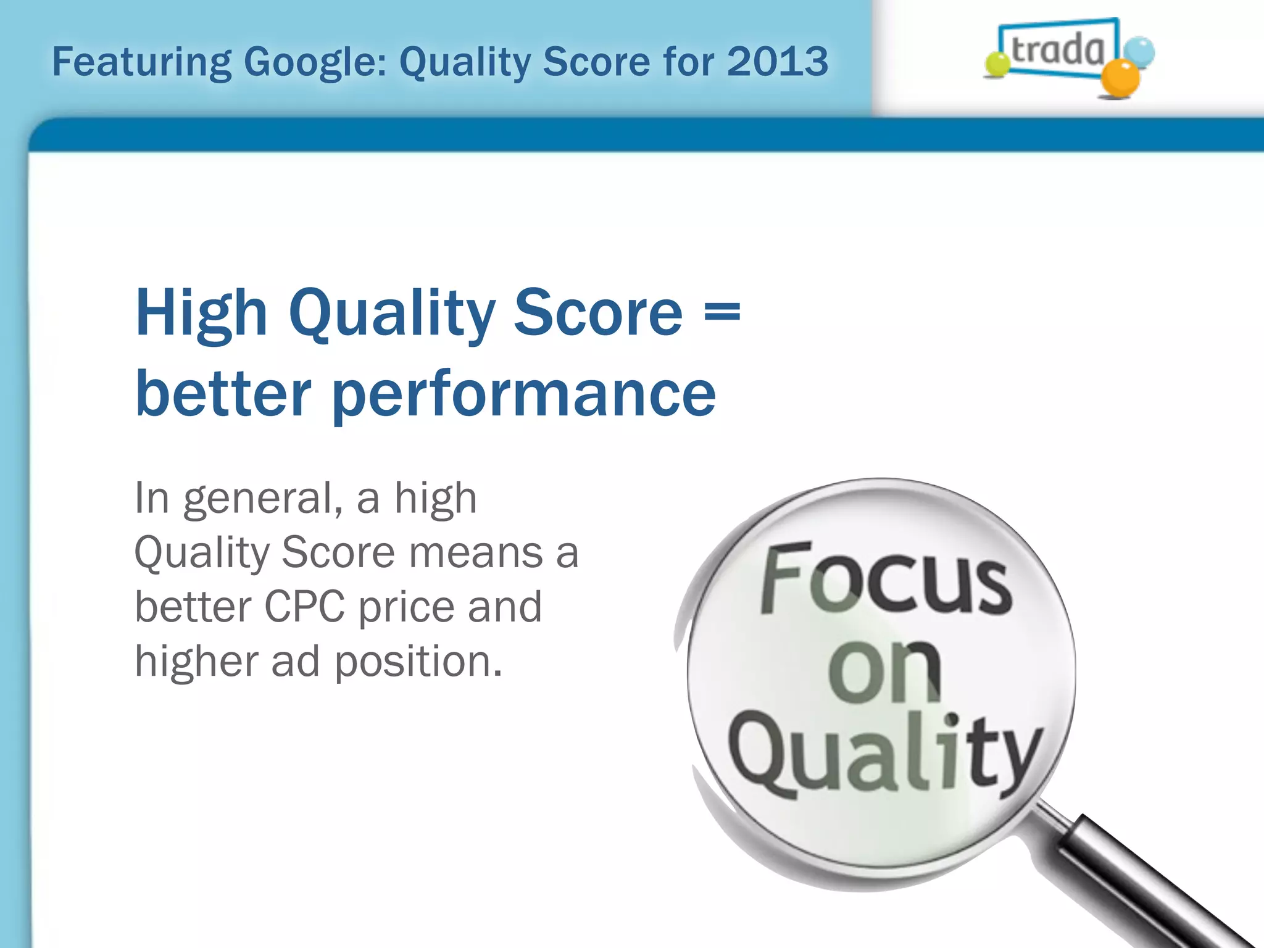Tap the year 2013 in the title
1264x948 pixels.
777,62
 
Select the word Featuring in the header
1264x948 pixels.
141,63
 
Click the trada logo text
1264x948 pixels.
1057,49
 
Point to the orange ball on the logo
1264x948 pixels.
1120,79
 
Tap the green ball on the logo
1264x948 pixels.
996,64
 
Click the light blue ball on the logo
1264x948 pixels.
1139,52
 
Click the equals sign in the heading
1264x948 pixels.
721,312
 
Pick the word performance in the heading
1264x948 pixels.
523,395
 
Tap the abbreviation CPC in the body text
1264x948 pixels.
304,607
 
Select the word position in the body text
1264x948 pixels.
417,662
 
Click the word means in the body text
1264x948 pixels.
475,552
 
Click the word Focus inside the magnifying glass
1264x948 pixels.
886,580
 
